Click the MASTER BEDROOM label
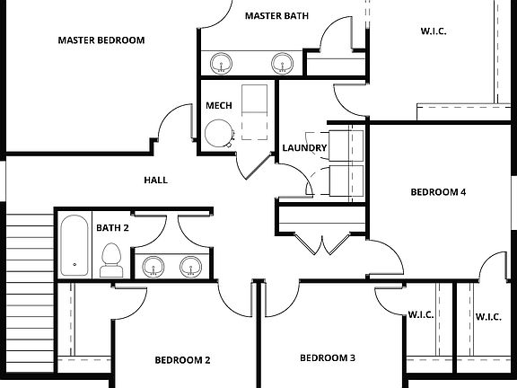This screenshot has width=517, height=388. point(101,40)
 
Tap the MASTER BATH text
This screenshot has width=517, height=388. point(277,15)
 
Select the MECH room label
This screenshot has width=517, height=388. point(219,105)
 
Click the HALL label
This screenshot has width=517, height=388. point(156,180)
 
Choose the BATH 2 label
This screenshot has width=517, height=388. point(113,228)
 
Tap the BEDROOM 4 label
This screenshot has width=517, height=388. point(438,191)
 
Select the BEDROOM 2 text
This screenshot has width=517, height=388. point(182,360)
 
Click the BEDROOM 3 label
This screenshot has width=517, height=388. point(327,357)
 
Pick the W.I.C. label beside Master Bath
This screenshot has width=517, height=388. point(433,31)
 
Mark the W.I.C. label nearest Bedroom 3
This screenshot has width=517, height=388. point(421,315)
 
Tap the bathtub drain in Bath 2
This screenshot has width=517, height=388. point(74,265)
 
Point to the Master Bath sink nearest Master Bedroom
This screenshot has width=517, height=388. point(220,63)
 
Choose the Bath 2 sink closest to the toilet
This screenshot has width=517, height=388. point(153,266)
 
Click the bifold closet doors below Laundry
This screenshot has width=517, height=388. point(320,242)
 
